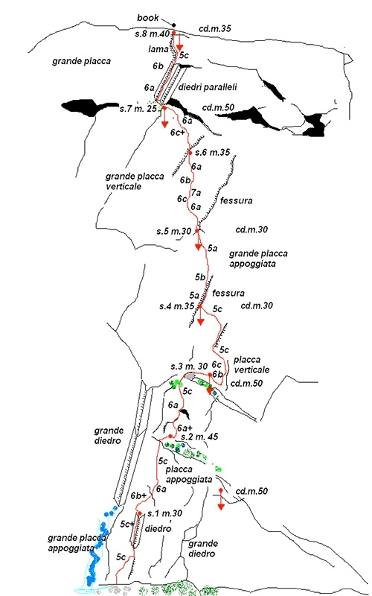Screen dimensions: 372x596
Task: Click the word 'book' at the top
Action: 148,18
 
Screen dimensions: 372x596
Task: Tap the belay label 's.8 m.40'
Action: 152,34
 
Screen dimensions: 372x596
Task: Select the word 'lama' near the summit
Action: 158,48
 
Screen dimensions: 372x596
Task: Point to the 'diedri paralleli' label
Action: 208,87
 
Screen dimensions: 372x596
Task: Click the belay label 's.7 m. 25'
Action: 138,109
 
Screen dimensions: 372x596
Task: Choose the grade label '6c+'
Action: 178,133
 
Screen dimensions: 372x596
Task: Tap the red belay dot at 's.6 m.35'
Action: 190,153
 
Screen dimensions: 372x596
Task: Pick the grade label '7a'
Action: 196,194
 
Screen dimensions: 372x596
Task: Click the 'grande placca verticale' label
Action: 135,181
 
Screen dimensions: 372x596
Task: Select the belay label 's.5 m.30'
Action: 174,231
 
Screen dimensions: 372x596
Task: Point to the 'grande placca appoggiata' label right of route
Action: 258,259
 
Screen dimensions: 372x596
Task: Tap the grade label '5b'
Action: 200,277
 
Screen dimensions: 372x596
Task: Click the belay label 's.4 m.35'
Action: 177,306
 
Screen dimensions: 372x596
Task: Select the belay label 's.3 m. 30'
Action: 189,367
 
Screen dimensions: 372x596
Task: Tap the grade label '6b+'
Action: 138,495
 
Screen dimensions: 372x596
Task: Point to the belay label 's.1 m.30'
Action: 164,513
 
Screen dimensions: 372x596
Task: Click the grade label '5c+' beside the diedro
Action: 126,524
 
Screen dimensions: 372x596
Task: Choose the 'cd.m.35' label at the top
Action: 215,28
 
